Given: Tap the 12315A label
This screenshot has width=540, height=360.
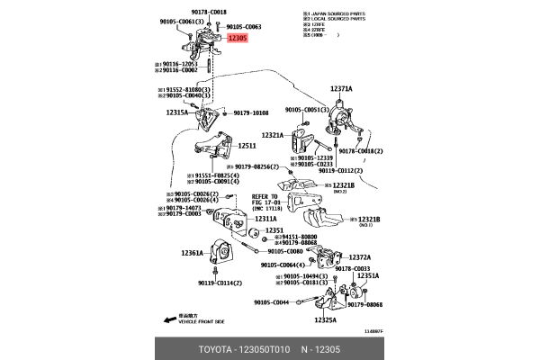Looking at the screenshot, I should coord(176,113).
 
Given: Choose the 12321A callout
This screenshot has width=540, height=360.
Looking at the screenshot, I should coord(273,135).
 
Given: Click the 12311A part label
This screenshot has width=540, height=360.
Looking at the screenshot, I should coord(265,219).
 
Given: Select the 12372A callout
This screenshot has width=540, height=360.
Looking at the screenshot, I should coord(359,257).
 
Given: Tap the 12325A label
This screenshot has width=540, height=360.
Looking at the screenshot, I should coord(325,319).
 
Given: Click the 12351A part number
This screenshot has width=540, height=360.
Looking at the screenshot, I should coord(368,276).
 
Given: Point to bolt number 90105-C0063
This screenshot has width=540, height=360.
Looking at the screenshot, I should coord(243,27).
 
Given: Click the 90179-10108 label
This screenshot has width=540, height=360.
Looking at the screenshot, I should coord(251,113).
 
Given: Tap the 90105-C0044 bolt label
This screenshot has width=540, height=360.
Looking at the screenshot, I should coord(271,302).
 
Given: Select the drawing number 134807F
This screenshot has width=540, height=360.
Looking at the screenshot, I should coord(371,331).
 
